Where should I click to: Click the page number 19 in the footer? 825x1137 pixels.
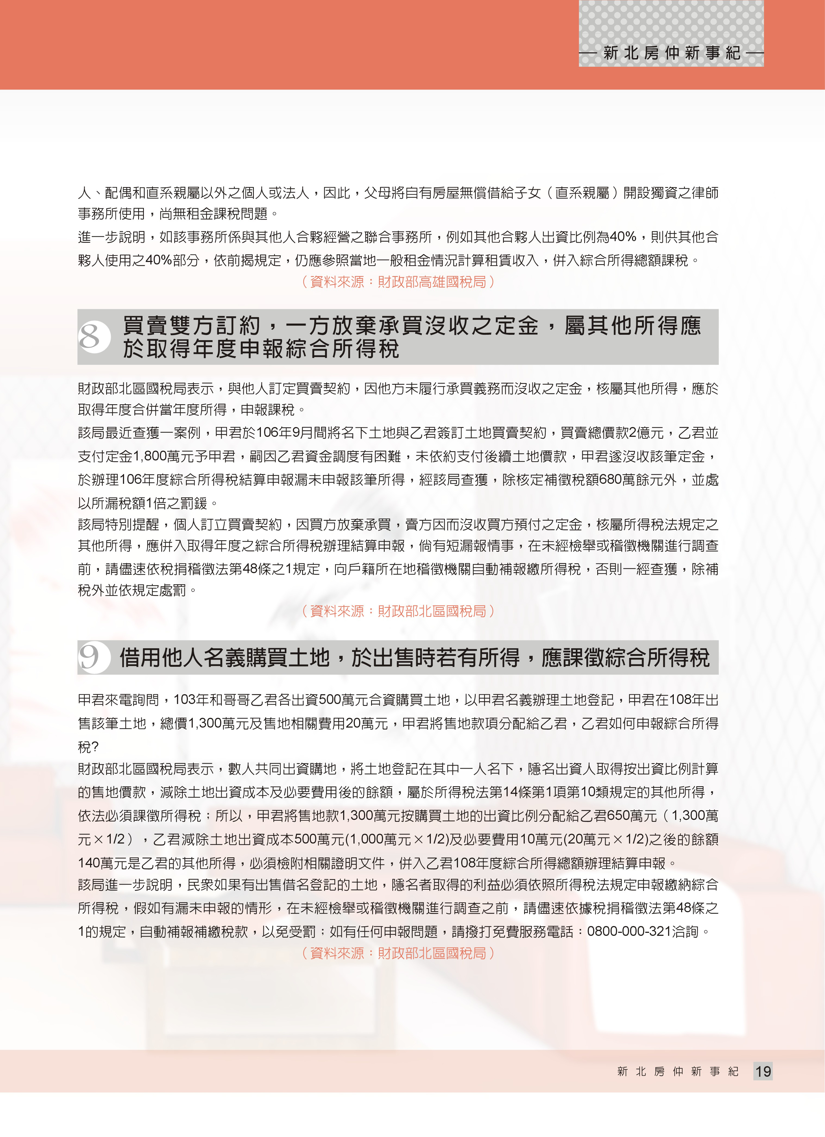(x=763, y=1071)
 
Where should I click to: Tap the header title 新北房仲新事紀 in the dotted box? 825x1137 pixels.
(x=672, y=53)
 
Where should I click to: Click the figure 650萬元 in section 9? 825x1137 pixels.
(x=631, y=816)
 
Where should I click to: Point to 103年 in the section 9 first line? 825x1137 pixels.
(x=189, y=699)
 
